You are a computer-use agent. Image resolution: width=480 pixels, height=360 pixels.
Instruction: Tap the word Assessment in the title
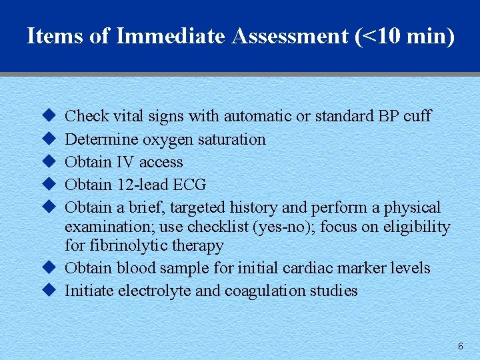(290, 36)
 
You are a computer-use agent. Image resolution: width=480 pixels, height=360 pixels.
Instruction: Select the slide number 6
(460, 346)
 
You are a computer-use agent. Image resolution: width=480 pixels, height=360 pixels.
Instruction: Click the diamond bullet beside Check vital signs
(47, 116)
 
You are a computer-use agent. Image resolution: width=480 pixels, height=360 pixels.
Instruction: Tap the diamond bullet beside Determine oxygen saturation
(47, 139)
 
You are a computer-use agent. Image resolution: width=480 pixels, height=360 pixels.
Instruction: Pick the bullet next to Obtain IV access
(47, 162)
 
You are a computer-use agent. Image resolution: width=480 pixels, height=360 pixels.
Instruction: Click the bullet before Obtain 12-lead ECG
(47, 185)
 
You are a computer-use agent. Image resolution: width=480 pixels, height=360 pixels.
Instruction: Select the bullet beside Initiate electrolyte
(47, 291)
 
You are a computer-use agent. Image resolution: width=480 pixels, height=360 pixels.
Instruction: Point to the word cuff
(417, 116)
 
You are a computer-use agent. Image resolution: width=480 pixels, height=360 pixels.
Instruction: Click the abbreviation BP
(387, 116)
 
